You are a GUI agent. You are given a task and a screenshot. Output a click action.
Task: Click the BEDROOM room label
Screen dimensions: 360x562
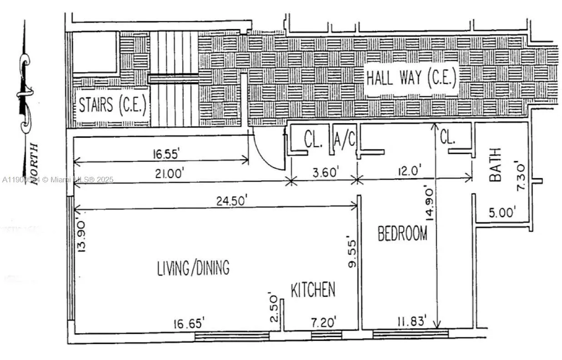402,234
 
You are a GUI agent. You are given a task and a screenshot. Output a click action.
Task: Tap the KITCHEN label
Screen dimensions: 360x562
313,290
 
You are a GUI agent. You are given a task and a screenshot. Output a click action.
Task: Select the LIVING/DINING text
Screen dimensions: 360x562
193,268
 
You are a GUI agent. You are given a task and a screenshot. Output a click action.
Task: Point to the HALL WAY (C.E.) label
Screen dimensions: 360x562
411,79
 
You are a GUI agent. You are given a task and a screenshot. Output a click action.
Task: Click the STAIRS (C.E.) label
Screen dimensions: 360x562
112,105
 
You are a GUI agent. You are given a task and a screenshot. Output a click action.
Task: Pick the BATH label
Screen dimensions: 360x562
495,165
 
